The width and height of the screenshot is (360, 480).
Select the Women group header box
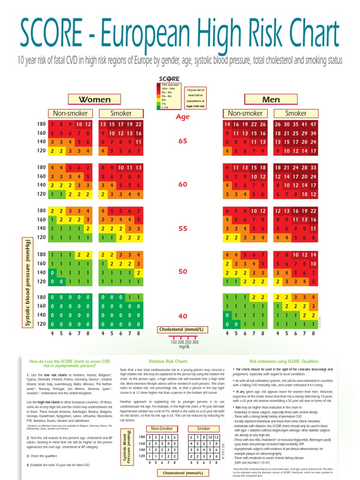94,99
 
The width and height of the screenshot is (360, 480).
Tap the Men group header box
271,99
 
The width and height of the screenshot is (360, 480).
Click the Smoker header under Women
121,113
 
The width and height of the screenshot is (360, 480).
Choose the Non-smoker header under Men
245,113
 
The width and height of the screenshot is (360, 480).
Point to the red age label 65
182,141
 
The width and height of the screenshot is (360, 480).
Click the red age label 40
182,316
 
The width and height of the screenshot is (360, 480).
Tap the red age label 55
182,229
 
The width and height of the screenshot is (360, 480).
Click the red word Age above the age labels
182,117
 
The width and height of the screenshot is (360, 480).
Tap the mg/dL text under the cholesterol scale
182,347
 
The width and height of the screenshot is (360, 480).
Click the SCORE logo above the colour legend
169,78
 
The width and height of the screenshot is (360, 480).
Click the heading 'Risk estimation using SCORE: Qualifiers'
284,361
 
